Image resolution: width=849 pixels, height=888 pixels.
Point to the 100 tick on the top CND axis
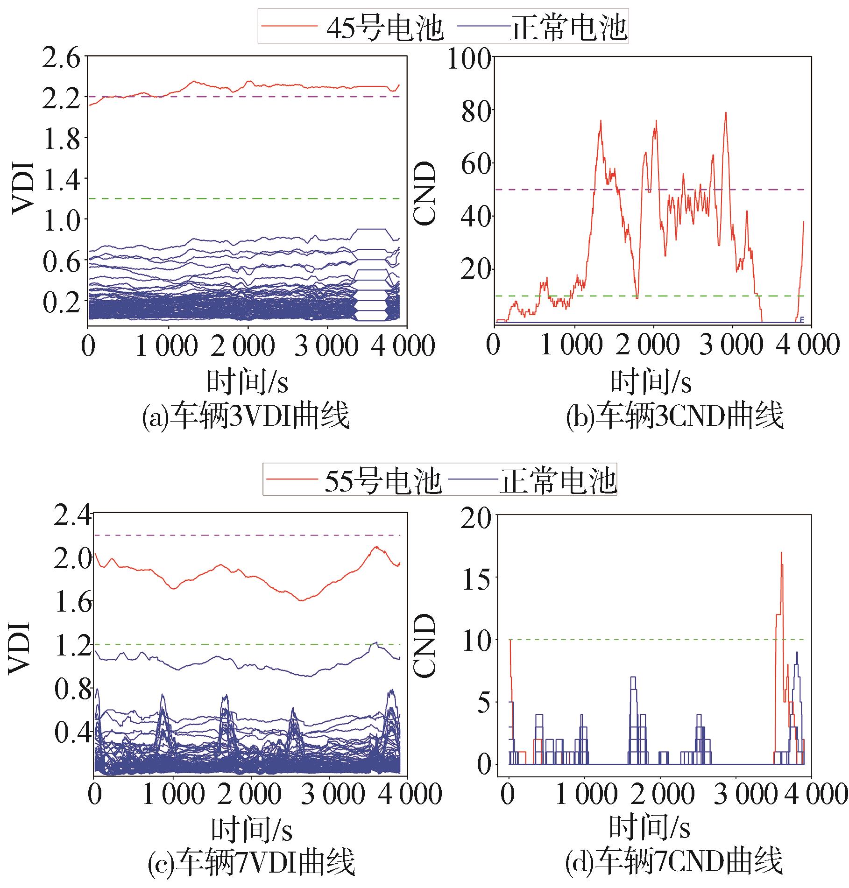[469, 58]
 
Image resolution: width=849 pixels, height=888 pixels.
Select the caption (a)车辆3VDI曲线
[246, 416]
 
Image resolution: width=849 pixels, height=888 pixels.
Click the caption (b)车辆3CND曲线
[674, 416]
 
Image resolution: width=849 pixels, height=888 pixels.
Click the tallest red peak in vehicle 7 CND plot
[781, 553]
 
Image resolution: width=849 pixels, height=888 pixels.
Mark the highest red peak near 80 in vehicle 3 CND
[726, 113]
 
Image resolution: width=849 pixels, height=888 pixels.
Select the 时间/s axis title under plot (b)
[651, 382]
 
